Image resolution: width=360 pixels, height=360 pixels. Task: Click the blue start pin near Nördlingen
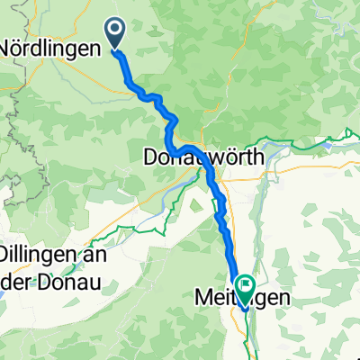click(x=117, y=32)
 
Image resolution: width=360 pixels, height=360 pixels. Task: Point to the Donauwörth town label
click(x=203, y=157)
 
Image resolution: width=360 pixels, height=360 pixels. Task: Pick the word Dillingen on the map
click(x=41, y=254)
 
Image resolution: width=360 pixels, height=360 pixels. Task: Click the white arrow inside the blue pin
click(x=117, y=31)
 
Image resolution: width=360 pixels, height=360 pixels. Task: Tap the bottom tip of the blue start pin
click(x=117, y=49)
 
